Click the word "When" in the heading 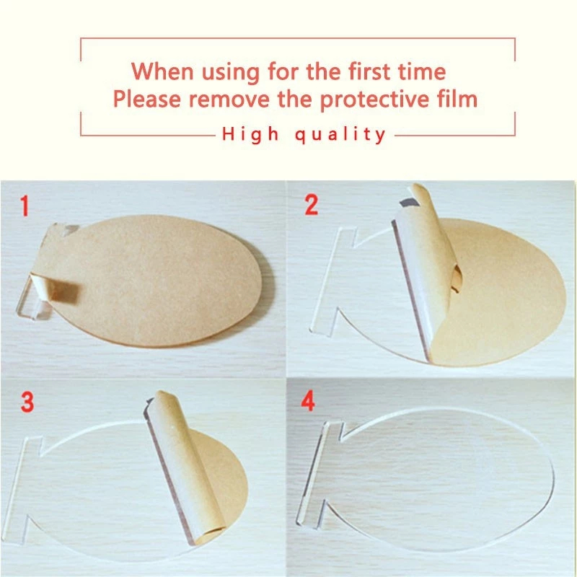(x=162, y=71)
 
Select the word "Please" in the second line (x=147, y=100)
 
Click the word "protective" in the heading (x=375, y=100)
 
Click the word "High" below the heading (x=250, y=135)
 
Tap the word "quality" (x=340, y=135)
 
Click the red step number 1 (x=25, y=206)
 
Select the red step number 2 (x=312, y=206)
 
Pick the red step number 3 (x=27, y=402)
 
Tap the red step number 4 (x=308, y=401)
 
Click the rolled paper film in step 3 (x=186, y=467)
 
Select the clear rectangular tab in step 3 (x=22, y=490)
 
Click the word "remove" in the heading (x=229, y=100)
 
